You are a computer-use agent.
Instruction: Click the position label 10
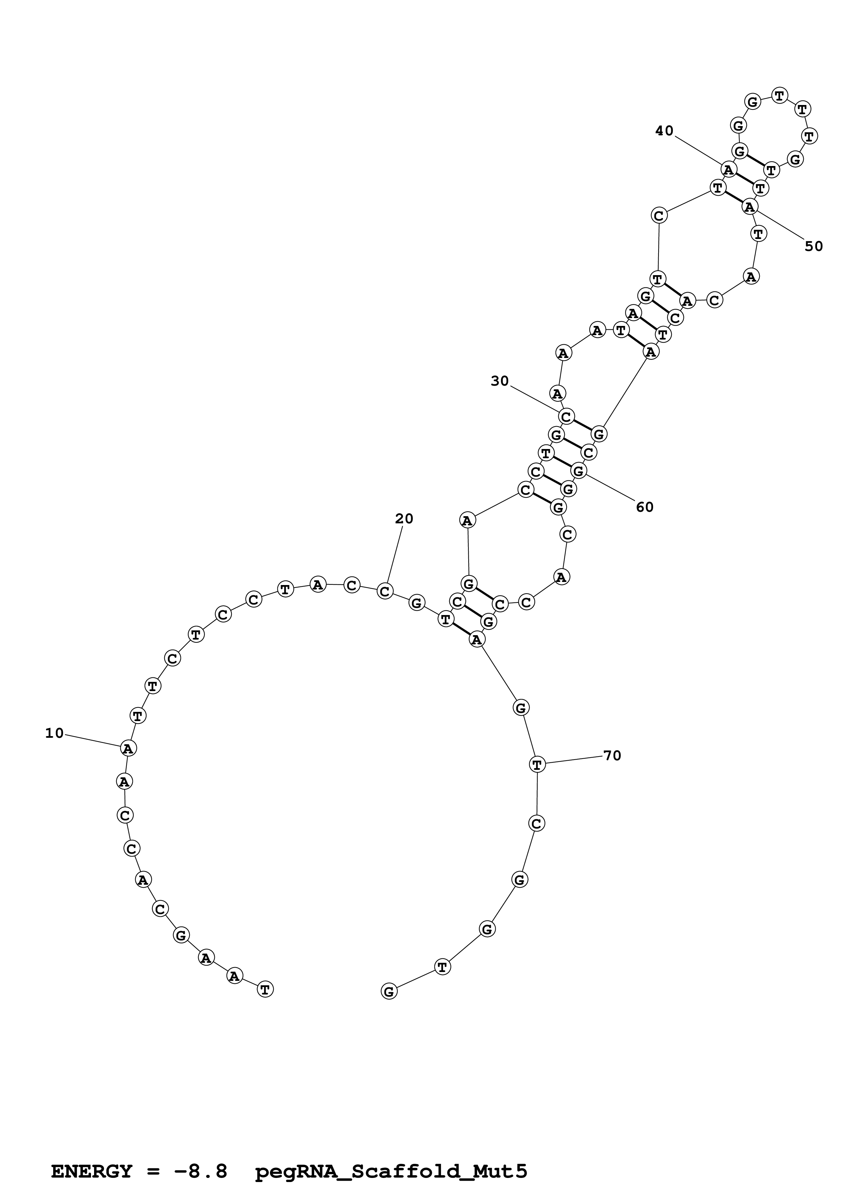click(54, 733)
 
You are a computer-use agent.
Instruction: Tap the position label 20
click(404, 519)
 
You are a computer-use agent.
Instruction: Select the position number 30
click(499, 381)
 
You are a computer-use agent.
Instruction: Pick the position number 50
click(814, 246)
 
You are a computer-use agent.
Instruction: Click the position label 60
click(645, 507)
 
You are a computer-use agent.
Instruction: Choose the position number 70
click(612, 756)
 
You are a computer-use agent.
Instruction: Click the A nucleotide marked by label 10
click(128, 749)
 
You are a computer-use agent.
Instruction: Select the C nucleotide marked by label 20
click(385, 591)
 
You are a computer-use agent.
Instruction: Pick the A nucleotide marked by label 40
click(729, 169)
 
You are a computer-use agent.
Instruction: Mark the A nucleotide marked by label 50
click(750, 207)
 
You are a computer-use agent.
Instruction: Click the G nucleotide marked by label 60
click(578, 471)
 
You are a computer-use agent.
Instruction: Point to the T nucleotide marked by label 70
click(537, 765)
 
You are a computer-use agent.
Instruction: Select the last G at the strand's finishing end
click(389, 991)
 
